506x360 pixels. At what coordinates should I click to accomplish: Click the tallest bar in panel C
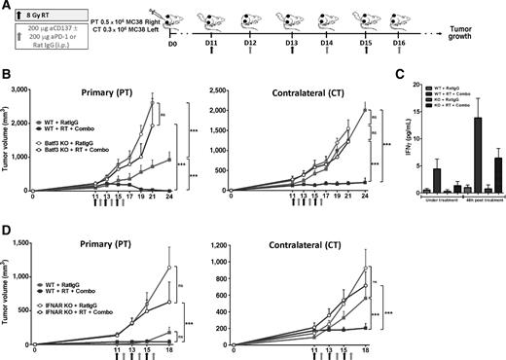tap(450, 151)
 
